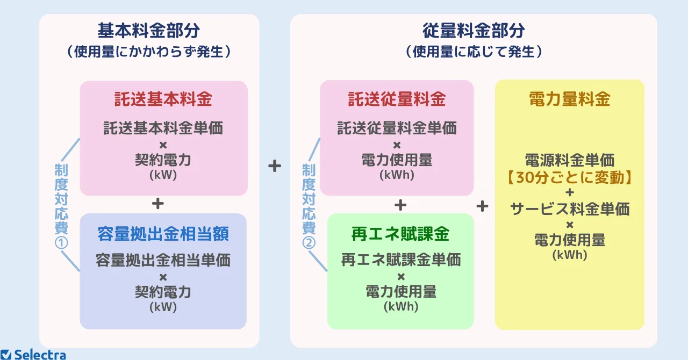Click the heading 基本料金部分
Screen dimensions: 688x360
(x=149, y=31)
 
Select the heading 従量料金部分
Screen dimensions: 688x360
(x=474, y=31)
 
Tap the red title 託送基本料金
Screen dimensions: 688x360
(x=163, y=99)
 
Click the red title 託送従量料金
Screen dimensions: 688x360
(x=397, y=99)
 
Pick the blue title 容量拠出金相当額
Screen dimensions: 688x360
(x=163, y=234)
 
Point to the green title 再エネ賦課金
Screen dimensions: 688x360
(x=400, y=234)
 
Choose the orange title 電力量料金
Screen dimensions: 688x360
(x=570, y=99)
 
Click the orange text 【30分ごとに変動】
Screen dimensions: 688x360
(x=570, y=177)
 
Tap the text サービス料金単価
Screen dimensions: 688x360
(x=570, y=209)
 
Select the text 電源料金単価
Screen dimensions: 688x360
(x=570, y=160)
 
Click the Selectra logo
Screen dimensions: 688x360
(x=33, y=355)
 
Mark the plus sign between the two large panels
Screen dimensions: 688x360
(x=275, y=166)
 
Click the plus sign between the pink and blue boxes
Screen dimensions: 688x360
(x=158, y=204)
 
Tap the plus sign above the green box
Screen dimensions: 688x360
(x=400, y=205)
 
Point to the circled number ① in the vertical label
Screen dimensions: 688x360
(x=61, y=243)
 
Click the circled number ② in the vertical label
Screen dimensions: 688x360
(x=309, y=243)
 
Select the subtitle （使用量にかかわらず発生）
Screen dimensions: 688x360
(x=149, y=52)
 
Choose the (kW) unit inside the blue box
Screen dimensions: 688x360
(x=163, y=307)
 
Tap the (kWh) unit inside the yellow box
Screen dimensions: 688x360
(x=570, y=255)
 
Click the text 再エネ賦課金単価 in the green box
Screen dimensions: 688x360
(x=401, y=260)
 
